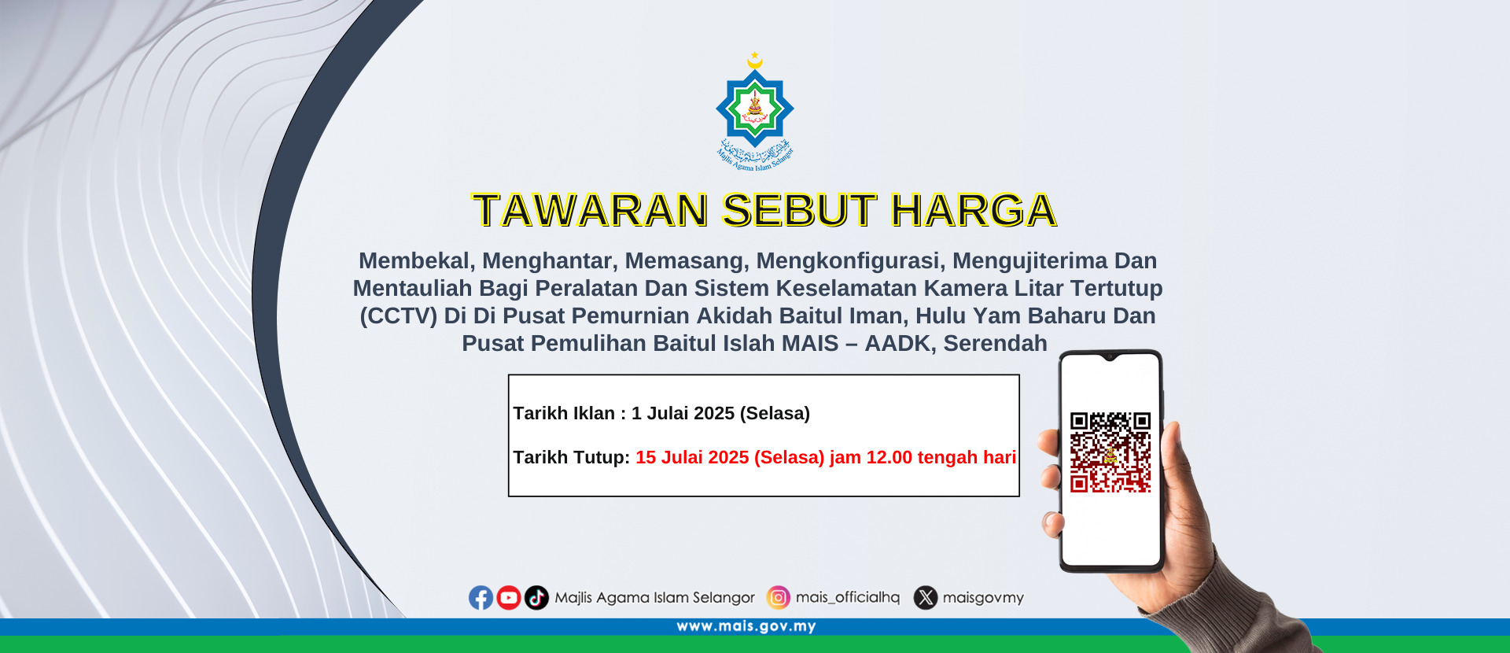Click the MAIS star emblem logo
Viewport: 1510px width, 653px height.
pos(755,111)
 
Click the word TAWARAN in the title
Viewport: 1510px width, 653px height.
pos(591,211)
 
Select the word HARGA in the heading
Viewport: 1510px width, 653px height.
pos(973,211)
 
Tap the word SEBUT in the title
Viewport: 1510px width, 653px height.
pos(799,211)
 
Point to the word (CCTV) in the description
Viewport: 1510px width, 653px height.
pos(398,316)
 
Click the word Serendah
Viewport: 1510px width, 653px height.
pos(995,344)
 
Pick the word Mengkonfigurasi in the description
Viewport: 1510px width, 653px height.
pos(848,261)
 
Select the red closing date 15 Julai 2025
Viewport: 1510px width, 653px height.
pos(692,457)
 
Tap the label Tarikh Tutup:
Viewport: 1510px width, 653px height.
pos(572,457)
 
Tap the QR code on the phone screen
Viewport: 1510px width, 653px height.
pos(1110,452)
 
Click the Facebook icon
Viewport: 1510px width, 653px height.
pos(481,598)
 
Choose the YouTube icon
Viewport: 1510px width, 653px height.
pos(509,598)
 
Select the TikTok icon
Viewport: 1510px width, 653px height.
pos(536,598)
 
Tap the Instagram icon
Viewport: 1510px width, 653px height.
pos(779,598)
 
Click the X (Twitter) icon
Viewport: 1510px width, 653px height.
pos(926,598)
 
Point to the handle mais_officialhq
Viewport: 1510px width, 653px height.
pos(848,598)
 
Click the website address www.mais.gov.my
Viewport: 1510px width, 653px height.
pos(746,627)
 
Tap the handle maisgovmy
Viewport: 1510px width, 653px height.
pos(983,598)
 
